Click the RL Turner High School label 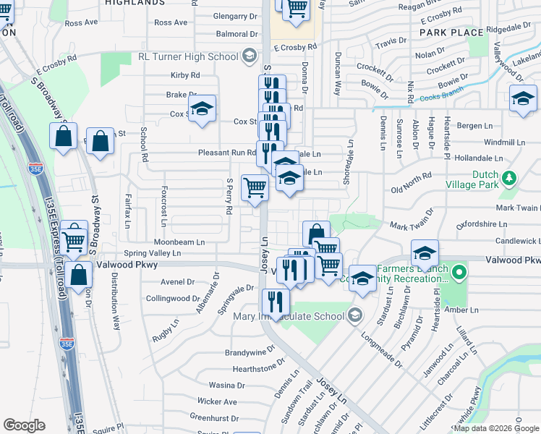188,57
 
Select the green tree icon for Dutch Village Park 509,178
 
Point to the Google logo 24,425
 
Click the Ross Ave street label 81,23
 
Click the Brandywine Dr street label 250,353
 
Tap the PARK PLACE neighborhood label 451,33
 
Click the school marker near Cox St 203,109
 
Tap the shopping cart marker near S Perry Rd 255,188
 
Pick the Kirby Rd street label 185,75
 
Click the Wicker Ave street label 217,401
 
